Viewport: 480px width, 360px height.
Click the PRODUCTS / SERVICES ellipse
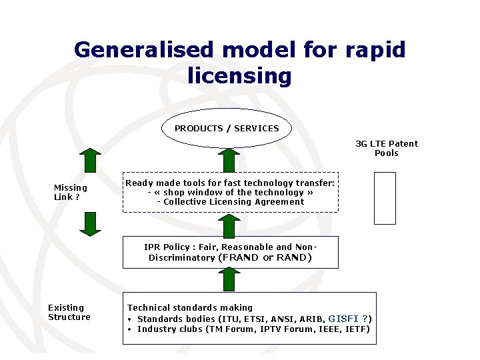pyautogui.click(x=227, y=128)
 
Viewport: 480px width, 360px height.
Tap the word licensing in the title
pyautogui.click(x=240, y=76)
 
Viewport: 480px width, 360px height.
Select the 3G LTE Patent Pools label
pyautogui.click(x=387, y=148)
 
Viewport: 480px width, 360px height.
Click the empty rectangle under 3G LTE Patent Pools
pyautogui.click(x=385, y=198)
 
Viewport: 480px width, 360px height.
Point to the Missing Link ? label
pyautogui.click(x=70, y=192)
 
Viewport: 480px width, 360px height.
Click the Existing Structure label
pyautogui.click(x=69, y=312)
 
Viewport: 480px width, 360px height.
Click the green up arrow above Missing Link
pyautogui.click(x=90, y=161)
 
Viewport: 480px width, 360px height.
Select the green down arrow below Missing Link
pyautogui.click(x=90, y=224)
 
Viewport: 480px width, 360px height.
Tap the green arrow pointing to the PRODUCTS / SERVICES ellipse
pyautogui.click(x=229, y=160)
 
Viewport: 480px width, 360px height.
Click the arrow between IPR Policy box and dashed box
pyautogui.click(x=229, y=225)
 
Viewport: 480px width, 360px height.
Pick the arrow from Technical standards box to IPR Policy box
pyautogui.click(x=229, y=279)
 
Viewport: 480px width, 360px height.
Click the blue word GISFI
pyautogui.click(x=343, y=319)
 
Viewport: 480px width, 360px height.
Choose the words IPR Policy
pyautogui.click(x=167, y=247)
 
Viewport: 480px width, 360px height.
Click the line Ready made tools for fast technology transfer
pyautogui.click(x=230, y=183)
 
